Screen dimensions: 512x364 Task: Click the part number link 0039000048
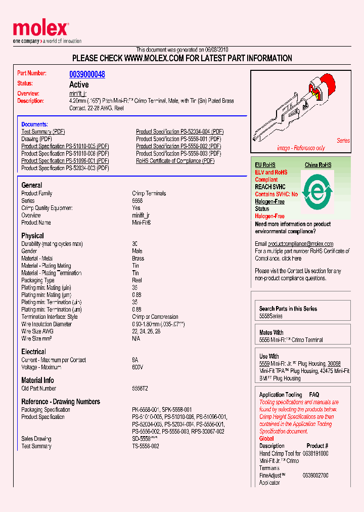(x=87, y=74)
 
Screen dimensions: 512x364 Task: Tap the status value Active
(x=79, y=84)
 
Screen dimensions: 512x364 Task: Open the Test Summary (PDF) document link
(x=43, y=132)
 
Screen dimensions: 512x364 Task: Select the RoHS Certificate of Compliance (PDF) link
(x=175, y=161)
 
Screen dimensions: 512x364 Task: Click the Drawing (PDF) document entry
(x=36, y=139)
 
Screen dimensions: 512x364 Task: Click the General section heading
(x=32, y=185)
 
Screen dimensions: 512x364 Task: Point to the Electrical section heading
(x=33, y=352)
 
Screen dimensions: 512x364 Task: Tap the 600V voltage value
(x=138, y=367)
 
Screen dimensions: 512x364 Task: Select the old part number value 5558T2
(x=140, y=389)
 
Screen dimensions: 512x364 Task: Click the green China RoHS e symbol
(x=317, y=192)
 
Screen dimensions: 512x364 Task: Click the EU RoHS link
(x=265, y=165)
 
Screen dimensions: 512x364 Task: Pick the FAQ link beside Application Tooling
(x=314, y=395)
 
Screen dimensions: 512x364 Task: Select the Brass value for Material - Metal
(x=138, y=259)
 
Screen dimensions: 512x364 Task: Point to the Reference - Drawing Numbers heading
(x=61, y=402)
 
